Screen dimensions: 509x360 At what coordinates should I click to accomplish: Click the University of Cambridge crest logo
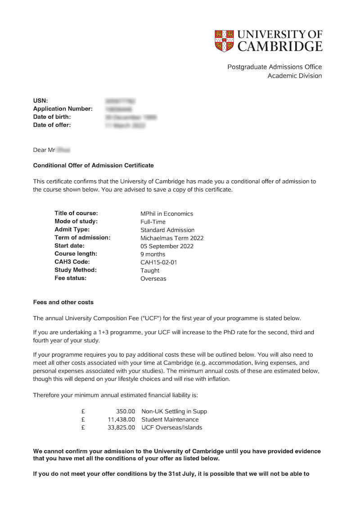[224, 40]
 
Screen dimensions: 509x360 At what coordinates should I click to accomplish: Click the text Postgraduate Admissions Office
[274, 67]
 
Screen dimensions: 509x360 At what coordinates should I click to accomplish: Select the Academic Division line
[295, 76]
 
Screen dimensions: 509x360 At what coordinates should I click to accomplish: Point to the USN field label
[40, 101]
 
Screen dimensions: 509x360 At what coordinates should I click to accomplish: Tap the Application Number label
[63, 109]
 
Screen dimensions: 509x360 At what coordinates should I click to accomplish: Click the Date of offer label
[52, 125]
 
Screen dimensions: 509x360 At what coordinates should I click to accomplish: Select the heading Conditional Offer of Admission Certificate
[94, 165]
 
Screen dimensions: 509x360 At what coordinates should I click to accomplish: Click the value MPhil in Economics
[166, 214]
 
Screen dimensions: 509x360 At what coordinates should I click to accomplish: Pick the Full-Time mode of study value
[153, 222]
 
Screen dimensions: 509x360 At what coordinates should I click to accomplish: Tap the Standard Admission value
[167, 230]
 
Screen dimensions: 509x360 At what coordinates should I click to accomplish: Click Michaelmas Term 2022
[172, 238]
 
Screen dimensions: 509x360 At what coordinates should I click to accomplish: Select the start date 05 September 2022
[167, 246]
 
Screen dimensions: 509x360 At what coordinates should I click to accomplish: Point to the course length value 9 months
[153, 254]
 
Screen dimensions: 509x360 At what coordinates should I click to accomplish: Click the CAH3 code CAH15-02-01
[159, 262]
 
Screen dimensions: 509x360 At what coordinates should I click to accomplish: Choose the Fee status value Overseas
[153, 278]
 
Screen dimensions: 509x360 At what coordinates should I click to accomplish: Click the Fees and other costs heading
[63, 302]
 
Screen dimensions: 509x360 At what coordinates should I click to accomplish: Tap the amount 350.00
[126, 411]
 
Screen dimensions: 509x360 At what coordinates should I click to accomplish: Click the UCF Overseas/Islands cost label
[172, 428]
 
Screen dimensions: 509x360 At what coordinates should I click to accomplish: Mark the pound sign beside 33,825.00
[83, 428]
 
